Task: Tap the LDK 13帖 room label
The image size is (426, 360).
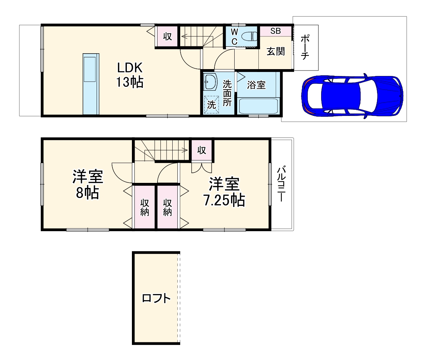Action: (129, 75)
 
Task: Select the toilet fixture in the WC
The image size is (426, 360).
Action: (249, 36)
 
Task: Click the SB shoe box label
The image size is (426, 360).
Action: (275, 31)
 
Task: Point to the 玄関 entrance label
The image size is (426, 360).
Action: (276, 51)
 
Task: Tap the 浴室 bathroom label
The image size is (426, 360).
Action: (257, 85)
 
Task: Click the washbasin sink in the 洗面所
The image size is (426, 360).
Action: (210, 82)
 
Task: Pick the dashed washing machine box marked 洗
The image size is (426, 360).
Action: (211, 105)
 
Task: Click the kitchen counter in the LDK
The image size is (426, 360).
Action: (90, 84)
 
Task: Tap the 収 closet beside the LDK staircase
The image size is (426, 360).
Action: (167, 36)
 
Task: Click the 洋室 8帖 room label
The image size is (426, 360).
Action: (88, 185)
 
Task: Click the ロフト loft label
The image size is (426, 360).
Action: (156, 298)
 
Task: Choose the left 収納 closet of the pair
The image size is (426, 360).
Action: (145, 207)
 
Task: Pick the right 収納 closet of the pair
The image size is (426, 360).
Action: (167, 207)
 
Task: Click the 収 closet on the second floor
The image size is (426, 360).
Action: (202, 150)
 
